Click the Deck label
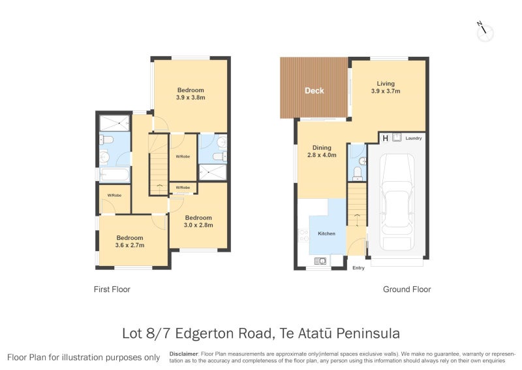[x=315, y=91]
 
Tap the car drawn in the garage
[x=397, y=202]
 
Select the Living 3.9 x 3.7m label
[x=386, y=87]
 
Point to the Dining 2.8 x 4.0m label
[x=322, y=151]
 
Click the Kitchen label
[x=326, y=233]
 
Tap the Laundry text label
[x=414, y=138]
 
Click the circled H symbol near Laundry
[x=385, y=138]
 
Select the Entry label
[x=358, y=268]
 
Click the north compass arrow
[x=483, y=29]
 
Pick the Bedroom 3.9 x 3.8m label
[x=191, y=93]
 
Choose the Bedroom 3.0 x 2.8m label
[x=198, y=221]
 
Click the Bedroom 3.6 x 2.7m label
[x=130, y=241]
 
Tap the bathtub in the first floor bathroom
[x=115, y=175]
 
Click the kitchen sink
[x=320, y=261]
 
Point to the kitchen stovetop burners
[x=303, y=235]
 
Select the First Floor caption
[x=112, y=289]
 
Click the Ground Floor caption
[x=407, y=289]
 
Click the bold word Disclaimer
[x=184, y=354]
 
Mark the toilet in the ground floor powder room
[x=357, y=173]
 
